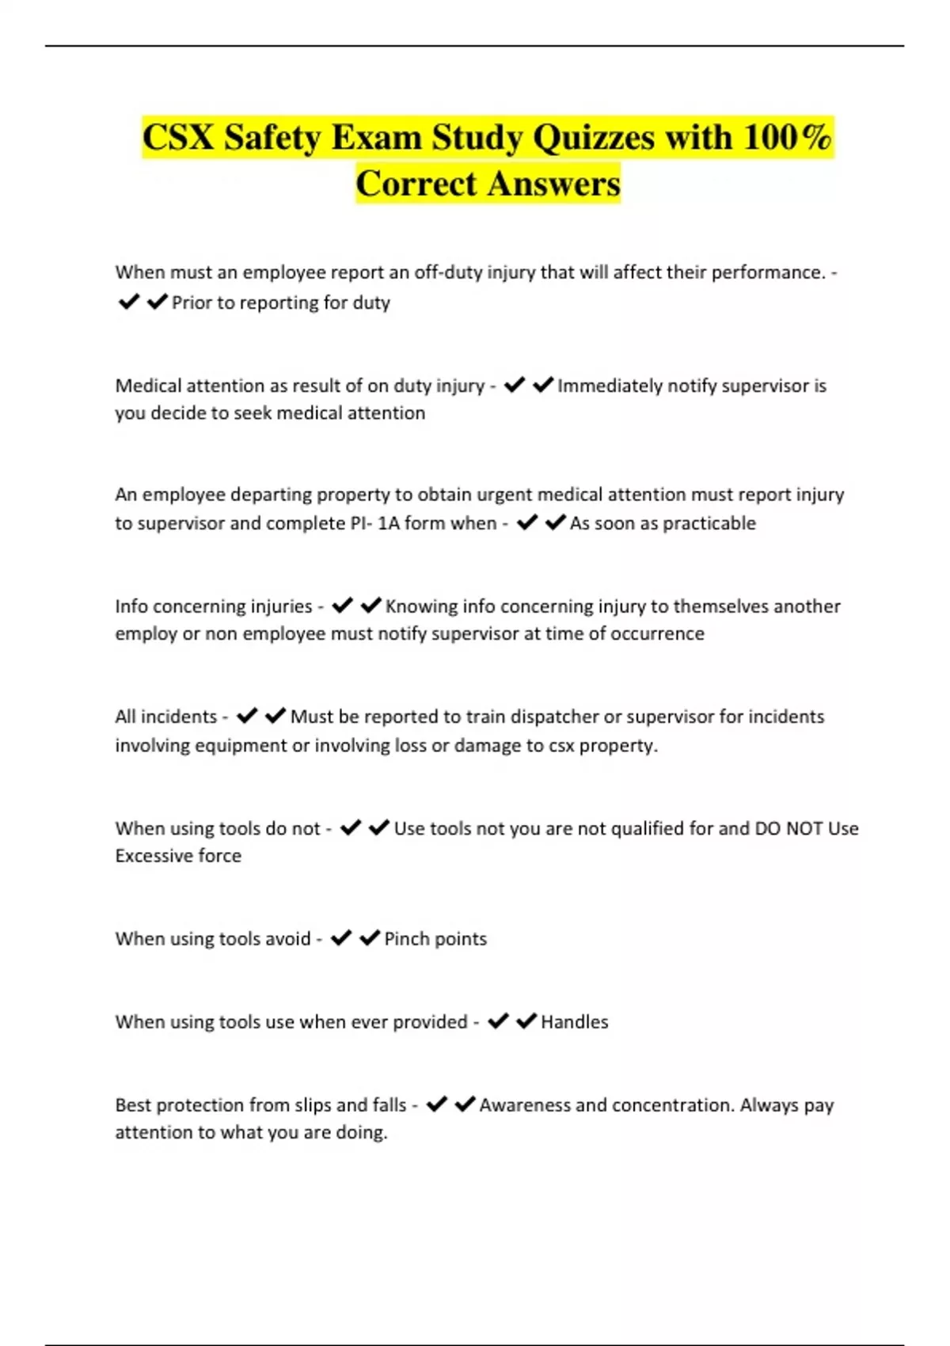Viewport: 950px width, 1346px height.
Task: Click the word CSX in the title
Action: [178, 138]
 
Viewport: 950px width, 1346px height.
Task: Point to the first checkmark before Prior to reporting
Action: [128, 302]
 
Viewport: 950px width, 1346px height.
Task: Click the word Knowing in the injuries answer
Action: [421, 606]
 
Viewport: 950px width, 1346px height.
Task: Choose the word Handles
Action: [574, 1022]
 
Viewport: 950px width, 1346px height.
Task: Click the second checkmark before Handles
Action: [526, 1021]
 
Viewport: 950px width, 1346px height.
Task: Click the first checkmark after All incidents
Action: [247, 716]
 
